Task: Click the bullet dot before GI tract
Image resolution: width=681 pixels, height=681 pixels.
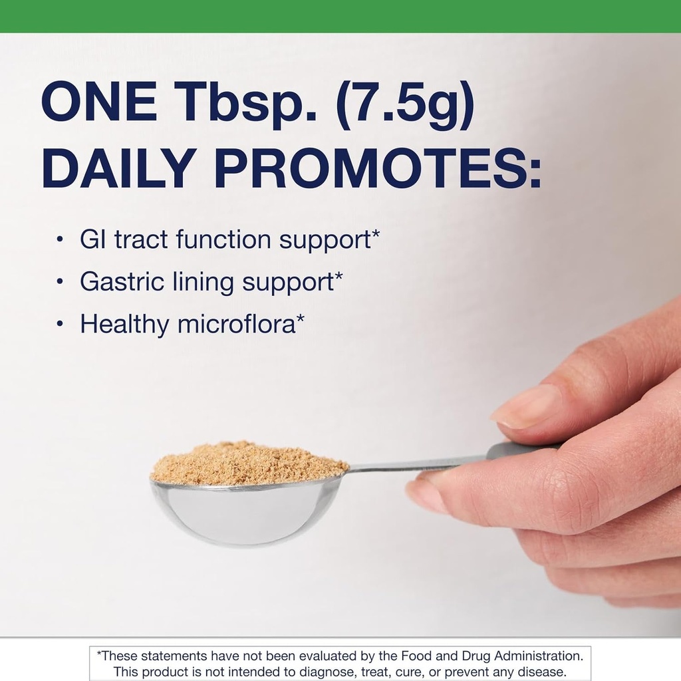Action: point(61,240)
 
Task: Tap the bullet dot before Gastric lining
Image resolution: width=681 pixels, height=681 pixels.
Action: point(61,282)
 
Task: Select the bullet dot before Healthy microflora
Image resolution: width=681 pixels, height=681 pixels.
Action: point(61,325)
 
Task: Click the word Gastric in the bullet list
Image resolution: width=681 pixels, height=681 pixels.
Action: point(122,283)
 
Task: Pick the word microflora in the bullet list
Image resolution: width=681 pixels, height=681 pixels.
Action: point(236,325)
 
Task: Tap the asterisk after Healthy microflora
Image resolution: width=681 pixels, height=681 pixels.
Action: point(301,320)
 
